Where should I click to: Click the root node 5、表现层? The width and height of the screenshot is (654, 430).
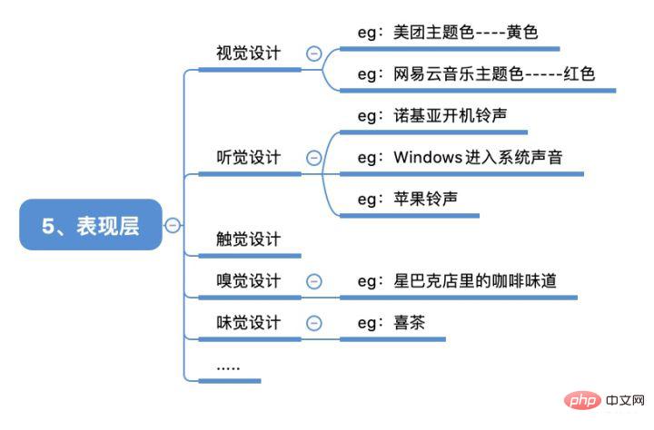pyautogui.click(x=91, y=225)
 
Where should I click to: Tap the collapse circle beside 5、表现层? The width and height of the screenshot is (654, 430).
pyautogui.click(x=172, y=225)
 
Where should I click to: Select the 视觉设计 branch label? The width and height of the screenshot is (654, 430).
pyautogui.click(x=248, y=54)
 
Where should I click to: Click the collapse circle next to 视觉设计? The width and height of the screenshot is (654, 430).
pyautogui.click(x=314, y=54)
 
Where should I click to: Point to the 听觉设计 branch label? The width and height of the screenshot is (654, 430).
pyautogui.click(x=248, y=157)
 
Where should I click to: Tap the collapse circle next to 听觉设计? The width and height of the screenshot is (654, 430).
pyautogui.click(x=314, y=157)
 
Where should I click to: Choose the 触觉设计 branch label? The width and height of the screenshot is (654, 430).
pyautogui.click(x=248, y=239)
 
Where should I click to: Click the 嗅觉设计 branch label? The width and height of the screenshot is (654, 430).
pyautogui.click(x=248, y=281)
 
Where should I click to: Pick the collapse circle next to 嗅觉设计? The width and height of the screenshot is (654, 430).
pyautogui.click(x=314, y=281)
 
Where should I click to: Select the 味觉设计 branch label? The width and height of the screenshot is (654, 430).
pyautogui.click(x=248, y=322)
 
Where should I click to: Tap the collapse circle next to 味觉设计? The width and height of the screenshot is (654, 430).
pyautogui.click(x=314, y=322)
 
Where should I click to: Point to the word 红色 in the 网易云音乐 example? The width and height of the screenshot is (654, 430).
pyautogui.click(x=579, y=74)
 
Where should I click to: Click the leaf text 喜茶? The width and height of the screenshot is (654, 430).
pyautogui.click(x=410, y=322)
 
